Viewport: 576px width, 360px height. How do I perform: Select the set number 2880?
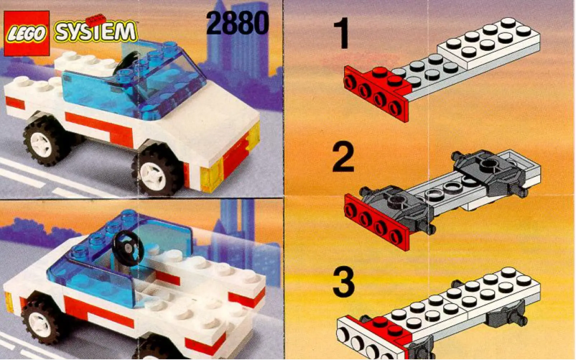point(237,23)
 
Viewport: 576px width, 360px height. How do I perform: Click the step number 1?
point(343,35)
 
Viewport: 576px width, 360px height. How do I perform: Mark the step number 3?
point(343,282)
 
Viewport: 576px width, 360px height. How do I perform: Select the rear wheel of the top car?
point(47,140)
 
